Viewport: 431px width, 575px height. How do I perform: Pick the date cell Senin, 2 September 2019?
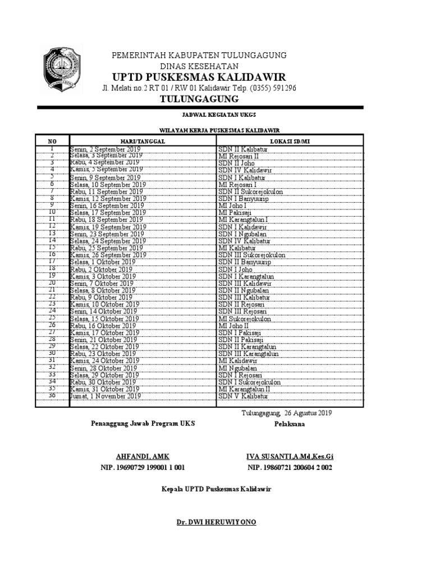click(x=106, y=149)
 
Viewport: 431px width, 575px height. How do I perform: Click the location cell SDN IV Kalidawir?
click(x=245, y=170)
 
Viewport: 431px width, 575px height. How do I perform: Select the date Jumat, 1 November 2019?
click(x=105, y=396)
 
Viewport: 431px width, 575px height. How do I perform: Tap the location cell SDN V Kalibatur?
click(x=244, y=396)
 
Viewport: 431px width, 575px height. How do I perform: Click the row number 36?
click(x=52, y=395)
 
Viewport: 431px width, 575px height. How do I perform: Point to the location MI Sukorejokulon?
click(x=245, y=319)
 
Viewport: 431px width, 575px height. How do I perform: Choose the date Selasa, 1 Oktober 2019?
click(x=103, y=262)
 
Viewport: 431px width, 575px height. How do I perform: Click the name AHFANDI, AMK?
click(x=142, y=457)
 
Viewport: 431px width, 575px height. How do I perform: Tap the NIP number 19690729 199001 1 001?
click(x=143, y=467)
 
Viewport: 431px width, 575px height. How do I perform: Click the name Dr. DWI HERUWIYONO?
click(x=216, y=522)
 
